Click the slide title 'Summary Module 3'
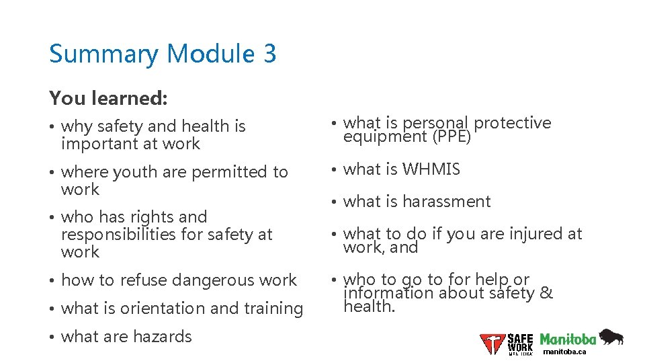click(162, 54)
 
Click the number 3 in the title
click(269, 54)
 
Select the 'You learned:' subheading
click(108, 98)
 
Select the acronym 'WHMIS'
click(432, 169)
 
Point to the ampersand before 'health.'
click(546, 293)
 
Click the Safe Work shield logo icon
click(492, 344)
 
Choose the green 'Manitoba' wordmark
click(568, 339)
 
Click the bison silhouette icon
click(611, 337)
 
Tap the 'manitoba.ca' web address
click(564, 352)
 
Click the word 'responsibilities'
click(119, 235)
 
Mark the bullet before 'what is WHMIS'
click(334, 170)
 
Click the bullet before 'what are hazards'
click(52, 337)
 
